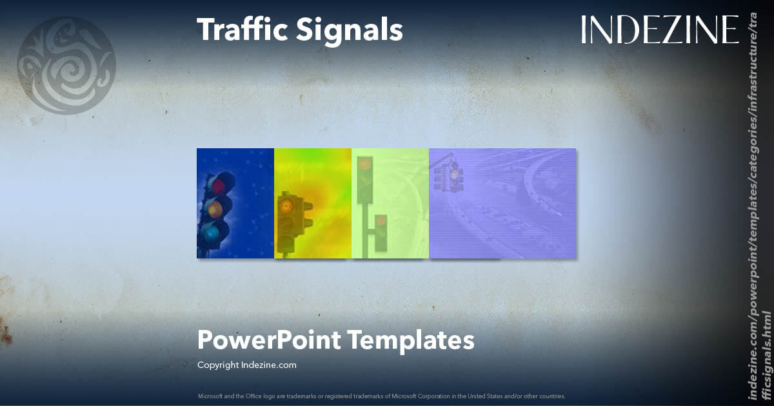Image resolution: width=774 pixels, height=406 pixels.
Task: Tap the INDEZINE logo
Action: coord(659,30)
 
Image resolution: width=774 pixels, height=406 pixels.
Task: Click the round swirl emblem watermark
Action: coord(66,65)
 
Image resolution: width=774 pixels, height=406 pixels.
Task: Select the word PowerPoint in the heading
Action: coord(268,340)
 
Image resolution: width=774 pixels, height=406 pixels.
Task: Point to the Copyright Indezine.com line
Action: coord(247,365)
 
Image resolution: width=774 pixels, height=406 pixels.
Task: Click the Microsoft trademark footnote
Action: coord(381,396)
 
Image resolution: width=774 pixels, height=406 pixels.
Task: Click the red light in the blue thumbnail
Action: coord(219,186)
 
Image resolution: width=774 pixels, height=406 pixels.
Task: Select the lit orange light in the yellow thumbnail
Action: coord(286,206)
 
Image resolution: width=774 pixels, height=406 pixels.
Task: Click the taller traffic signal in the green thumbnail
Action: coord(365,180)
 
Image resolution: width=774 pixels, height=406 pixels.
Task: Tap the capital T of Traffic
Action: coord(206,30)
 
